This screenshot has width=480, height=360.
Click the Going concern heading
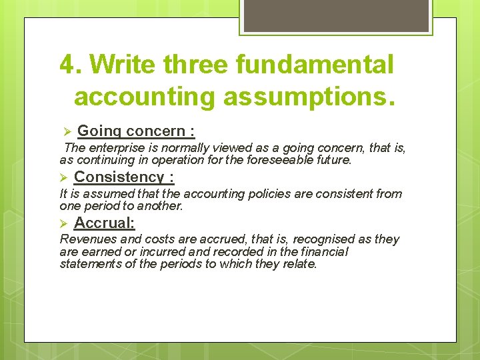pyautogui.click(x=136, y=131)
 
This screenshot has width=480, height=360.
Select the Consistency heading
pyautogui.click(x=124, y=177)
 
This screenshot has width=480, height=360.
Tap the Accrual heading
pyautogui.click(x=105, y=223)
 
